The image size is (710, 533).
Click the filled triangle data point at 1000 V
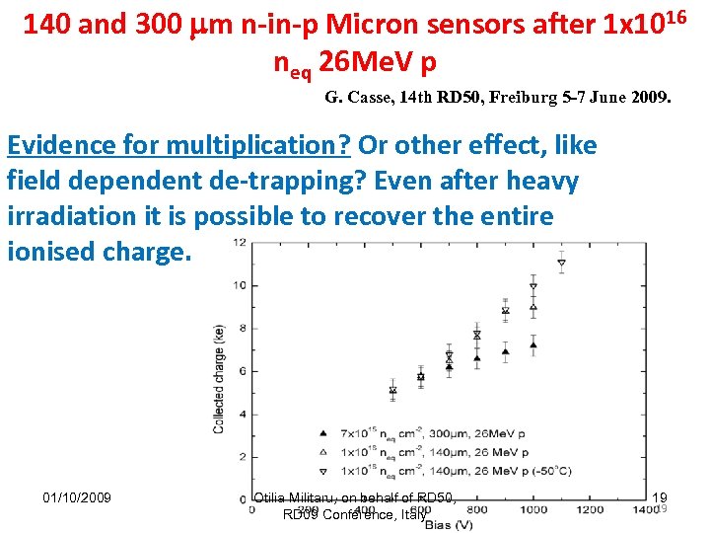coord(533,344)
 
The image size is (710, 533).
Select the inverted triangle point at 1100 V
coord(561,264)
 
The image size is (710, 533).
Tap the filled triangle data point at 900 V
coord(505,350)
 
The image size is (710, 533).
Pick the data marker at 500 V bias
coord(392,390)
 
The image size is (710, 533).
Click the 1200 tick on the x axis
coord(590,509)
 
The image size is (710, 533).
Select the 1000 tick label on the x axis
coord(533,509)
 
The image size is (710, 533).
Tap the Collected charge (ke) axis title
coord(219,379)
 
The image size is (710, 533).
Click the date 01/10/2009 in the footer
coord(78,496)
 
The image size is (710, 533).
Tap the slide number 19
coord(660,498)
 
